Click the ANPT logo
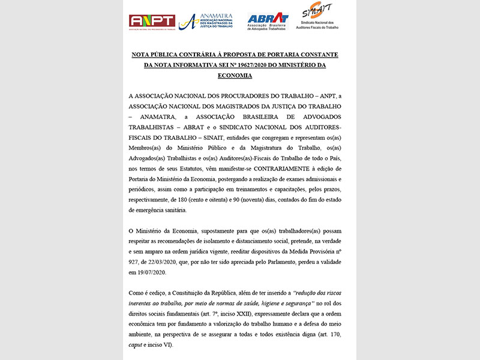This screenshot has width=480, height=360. click(x=152, y=22)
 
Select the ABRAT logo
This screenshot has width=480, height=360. click(x=268, y=21)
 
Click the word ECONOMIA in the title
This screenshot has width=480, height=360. click(x=235, y=76)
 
